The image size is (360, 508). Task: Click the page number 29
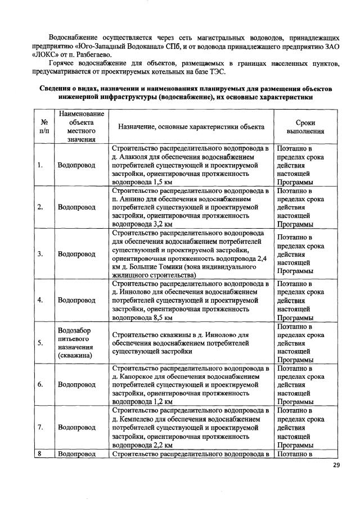[x=336, y=465]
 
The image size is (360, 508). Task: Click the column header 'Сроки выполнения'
[x=301, y=127]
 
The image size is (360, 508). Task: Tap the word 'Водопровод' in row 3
[x=76, y=253]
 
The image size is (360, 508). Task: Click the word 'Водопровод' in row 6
[x=76, y=385]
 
